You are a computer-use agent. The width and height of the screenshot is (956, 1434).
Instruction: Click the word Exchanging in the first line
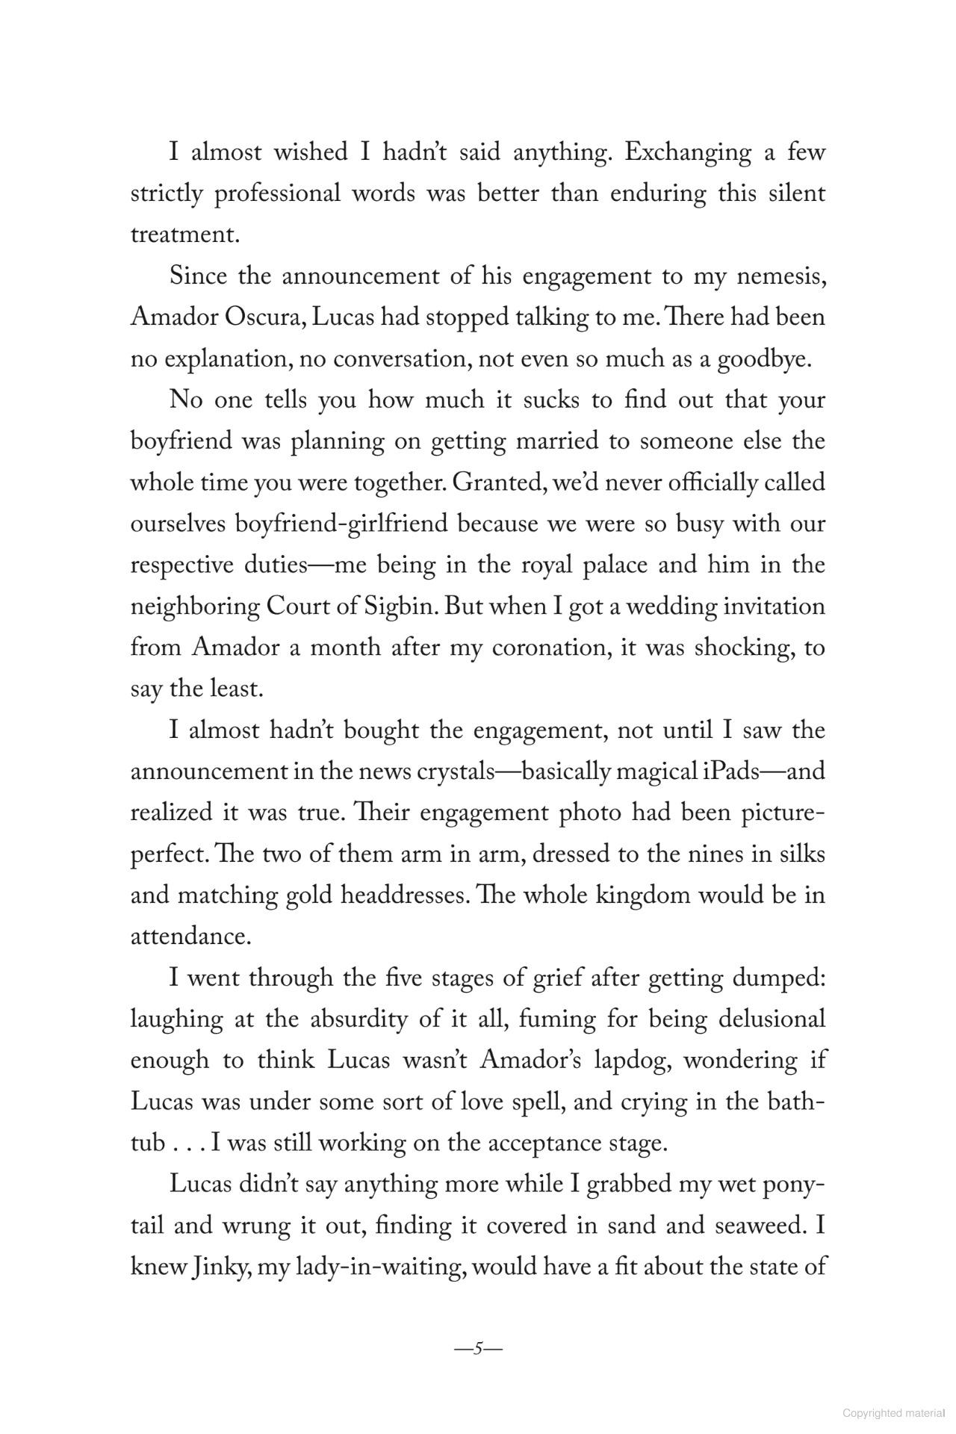tap(688, 152)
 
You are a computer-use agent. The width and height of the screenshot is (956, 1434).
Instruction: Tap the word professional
tap(277, 193)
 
